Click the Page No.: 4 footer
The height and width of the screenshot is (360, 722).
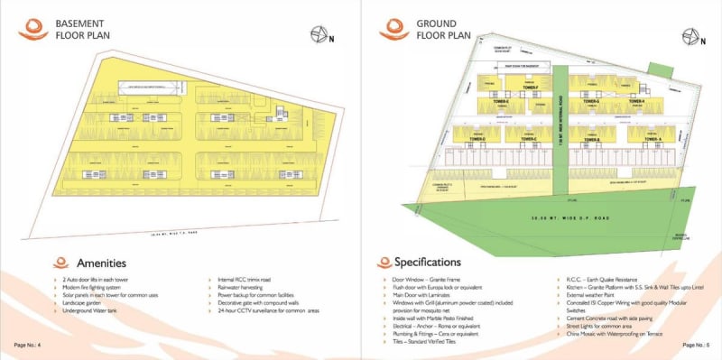pos(28,346)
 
